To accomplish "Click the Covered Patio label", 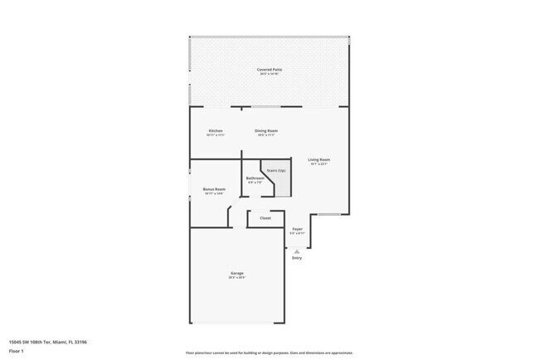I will tap(269, 70).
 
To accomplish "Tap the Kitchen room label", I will tap(216, 131).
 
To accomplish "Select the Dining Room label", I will tap(266, 131).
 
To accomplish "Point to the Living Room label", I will tap(319, 159).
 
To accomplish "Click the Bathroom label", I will tap(255, 178).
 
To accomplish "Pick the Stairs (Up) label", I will tap(276, 170).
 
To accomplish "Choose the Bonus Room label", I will tap(214, 189).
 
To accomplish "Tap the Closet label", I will tap(265, 218).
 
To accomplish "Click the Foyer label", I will tap(297, 229).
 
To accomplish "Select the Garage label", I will tap(237, 273).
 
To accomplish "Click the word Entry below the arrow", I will tap(297, 258).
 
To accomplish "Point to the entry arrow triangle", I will tap(297, 250).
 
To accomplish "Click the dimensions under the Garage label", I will tap(237, 278).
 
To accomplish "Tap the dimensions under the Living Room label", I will tap(319, 164).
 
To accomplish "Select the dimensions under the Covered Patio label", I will tap(269, 75).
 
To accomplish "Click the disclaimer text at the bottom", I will tap(269, 353).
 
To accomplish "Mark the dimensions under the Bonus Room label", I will tap(214, 194).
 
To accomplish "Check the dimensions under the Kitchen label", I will tap(216, 136).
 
